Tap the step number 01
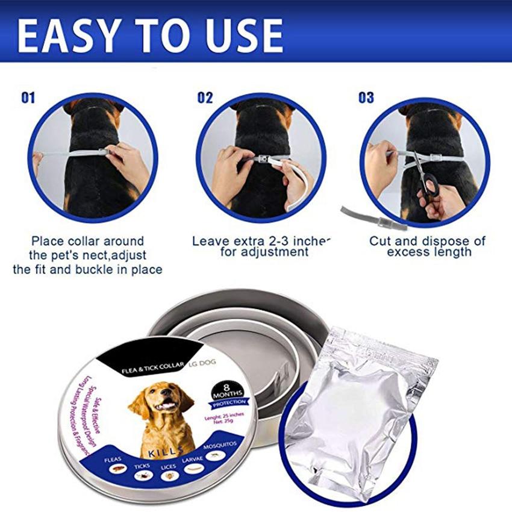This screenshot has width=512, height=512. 28,97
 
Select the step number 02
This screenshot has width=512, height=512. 205,97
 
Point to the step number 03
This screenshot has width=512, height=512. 366,97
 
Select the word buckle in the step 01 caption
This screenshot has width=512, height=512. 90,269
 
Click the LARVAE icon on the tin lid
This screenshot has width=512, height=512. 193,469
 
